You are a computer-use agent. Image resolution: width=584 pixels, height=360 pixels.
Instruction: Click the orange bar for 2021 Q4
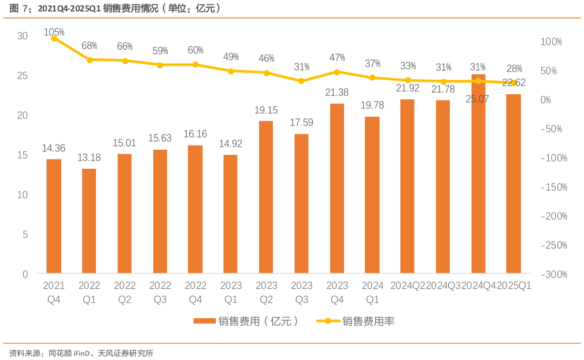[x=54, y=216]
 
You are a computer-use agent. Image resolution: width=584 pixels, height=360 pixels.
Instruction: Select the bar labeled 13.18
[x=89, y=221]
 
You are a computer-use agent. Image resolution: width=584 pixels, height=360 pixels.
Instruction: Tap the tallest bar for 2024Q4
[x=478, y=173]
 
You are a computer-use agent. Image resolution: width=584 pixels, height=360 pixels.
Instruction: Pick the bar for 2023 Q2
[x=266, y=197]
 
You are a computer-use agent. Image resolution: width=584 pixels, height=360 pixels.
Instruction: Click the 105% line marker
[x=54, y=38]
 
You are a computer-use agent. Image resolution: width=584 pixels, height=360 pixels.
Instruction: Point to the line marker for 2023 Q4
[x=337, y=72]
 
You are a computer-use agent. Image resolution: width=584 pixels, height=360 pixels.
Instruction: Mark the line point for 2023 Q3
[x=301, y=81]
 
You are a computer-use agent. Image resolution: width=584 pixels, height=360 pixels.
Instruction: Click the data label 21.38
[x=337, y=92]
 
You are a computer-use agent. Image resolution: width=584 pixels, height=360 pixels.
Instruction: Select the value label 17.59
[x=301, y=123]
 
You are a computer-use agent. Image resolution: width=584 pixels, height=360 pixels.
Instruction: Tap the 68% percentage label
[x=89, y=46]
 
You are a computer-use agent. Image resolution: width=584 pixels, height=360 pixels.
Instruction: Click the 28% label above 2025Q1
[x=513, y=69]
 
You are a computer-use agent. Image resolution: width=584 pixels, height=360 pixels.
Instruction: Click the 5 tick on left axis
[x=25, y=235]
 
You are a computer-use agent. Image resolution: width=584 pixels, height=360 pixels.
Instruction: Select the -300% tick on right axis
[x=554, y=274]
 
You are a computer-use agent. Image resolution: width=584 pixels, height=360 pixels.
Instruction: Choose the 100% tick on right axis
[x=552, y=42]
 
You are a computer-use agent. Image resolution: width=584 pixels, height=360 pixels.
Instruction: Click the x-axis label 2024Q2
[x=408, y=285]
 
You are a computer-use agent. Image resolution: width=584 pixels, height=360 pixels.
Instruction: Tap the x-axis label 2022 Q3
[x=160, y=292]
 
